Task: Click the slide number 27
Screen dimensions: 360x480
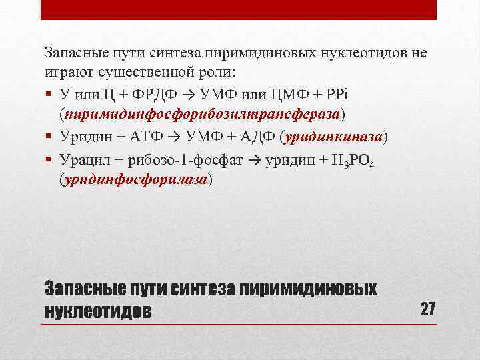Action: [427, 309]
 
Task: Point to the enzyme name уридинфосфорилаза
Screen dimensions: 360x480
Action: [136, 179]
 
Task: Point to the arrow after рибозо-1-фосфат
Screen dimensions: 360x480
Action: [255, 159]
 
